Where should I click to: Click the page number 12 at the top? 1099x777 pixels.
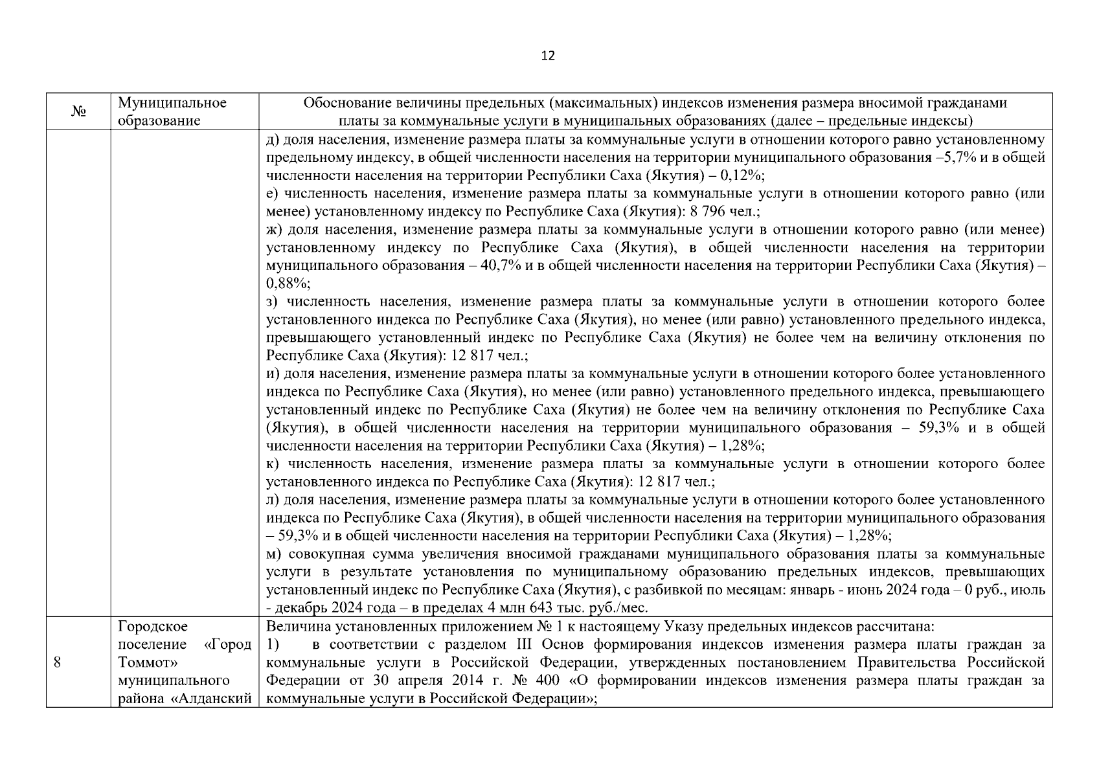click(x=548, y=56)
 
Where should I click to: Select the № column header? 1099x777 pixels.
click(x=78, y=112)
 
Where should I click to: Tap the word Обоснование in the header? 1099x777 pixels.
click(x=343, y=104)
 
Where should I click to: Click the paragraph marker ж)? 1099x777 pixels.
click(x=274, y=230)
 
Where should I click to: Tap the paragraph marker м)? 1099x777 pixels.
click(x=274, y=554)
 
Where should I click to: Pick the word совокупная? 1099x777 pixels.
click(x=319, y=554)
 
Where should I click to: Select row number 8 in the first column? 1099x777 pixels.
click(x=57, y=662)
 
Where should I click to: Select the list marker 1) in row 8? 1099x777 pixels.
click(x=273, y=645)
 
